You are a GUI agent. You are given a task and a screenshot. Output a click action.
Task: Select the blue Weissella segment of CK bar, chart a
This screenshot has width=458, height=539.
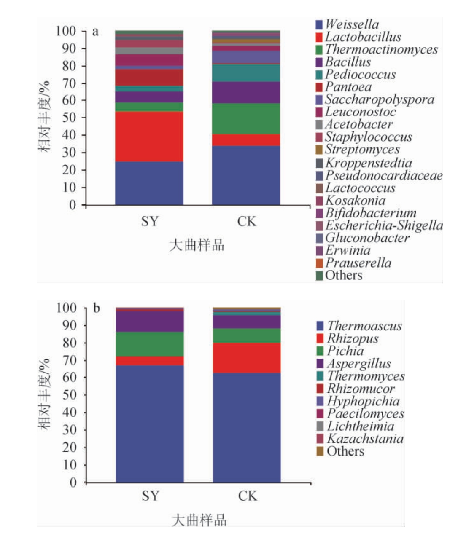(246, 175)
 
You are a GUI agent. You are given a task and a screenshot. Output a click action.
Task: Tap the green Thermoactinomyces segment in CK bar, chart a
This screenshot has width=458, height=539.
(246, 118)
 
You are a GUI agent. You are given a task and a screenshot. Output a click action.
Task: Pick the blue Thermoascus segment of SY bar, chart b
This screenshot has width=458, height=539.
(150, 423)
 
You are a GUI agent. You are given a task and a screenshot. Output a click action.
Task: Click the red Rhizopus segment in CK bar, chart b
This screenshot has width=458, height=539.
(247, 358)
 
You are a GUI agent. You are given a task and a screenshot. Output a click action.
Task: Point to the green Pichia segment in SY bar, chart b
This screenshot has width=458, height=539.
(150, 344)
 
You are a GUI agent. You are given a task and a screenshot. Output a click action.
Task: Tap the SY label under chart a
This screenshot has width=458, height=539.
(149, 221)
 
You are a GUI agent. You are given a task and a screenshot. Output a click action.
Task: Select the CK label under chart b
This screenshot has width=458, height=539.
(247, 496)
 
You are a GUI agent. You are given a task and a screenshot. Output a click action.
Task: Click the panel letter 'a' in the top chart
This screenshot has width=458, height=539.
(96, 32)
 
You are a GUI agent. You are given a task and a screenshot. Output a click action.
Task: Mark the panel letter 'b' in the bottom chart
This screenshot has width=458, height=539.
(97, 308)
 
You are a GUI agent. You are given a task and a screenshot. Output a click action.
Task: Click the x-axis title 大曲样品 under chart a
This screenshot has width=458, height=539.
(197, 245)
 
